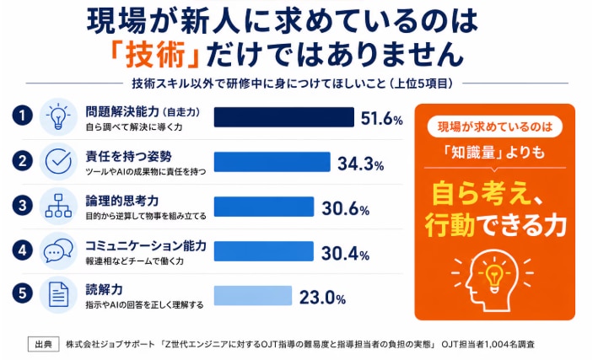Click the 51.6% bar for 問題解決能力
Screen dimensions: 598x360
pyautogui.click(x=283, y=117)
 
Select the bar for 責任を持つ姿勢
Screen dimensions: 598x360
pyautogui.click(x=272, y=162)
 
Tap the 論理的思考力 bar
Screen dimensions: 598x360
pyautogui.click(x=264, y=207)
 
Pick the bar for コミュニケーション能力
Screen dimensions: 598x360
pyautogui.click(x=263, y=251)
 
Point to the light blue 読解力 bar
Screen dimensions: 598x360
pyautogui.click(x=253, y=296)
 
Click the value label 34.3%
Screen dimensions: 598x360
pyautogui.click(x=360, y=164)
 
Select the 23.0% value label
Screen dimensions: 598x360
pyautogui.click(x=322, y=298)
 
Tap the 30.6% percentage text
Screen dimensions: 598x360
pyautogui.click(x=346, y=208)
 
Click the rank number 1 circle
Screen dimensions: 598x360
pyautogui.click(x=22, y=116)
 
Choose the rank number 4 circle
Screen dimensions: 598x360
pyautogui.click(x=22, y=250)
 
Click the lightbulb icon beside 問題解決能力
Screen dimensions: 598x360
pyautogui.click(x=58, y=116)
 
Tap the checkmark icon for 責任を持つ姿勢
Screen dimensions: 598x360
pyautogui.click(x=58, y=161)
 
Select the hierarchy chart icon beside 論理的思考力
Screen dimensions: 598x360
pyautogui.click(x=58, y=206)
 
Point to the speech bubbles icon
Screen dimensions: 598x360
pyautogui.click(x=58, y=250)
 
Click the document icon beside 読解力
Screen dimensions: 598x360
pyautogui.click(x=58, y=295)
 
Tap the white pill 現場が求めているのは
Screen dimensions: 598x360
pyautogui.click(x=494, y=127)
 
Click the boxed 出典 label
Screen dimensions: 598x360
pyautogui.click(x=44, y=344)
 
